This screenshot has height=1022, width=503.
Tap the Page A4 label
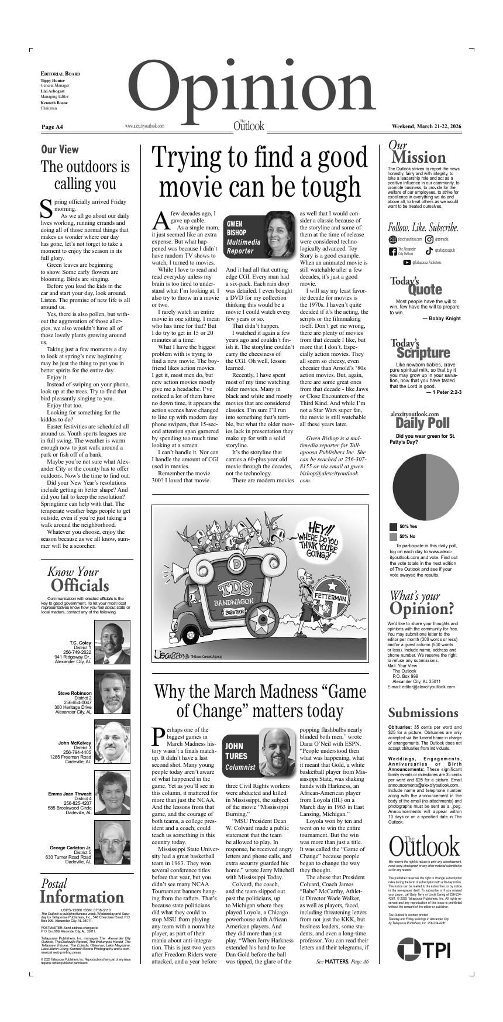point(52,126)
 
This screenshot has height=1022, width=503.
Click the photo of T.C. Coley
point(112,642)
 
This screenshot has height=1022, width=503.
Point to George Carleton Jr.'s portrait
point(112,843)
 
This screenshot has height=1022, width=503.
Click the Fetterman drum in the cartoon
point(331,600)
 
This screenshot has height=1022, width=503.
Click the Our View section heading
point(60,149)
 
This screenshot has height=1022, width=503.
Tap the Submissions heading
point(423,712)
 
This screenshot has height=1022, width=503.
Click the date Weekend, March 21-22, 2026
point(426,126)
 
